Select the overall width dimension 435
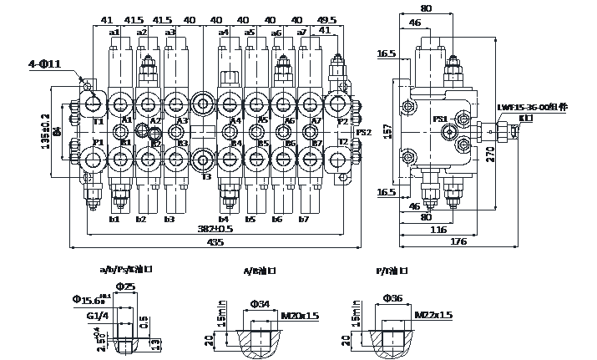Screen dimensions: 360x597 coord(215,242)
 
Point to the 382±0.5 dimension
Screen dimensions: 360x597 coord(215,229)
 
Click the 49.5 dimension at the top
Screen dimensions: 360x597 coord(327,20)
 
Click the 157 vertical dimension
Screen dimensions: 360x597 coord(387,131)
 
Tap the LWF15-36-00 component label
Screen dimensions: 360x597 coord(532,108)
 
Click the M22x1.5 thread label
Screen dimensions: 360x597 coord(434,315)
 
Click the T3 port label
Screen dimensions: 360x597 coord(206,176)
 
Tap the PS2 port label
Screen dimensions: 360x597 coord(363,132)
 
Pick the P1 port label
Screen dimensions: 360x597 coord(98,143)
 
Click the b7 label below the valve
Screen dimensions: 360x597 coord(304,220)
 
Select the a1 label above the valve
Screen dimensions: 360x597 coord(114,32)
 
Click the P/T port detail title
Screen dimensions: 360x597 coord(391,271)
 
